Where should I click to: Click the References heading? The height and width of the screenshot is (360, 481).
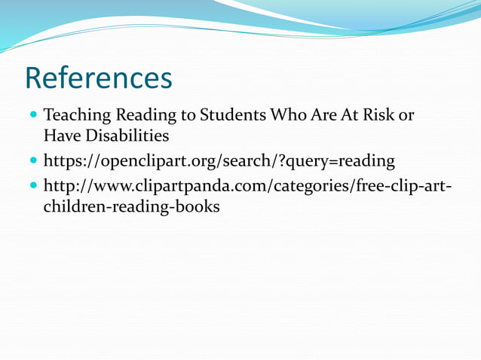(x=99, y=78)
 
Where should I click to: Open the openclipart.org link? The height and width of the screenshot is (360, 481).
(x=219, y=161)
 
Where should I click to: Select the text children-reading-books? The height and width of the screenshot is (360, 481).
(x=132, y=206)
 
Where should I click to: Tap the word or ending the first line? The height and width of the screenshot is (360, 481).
(x=406, y=117)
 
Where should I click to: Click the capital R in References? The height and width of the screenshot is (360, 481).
(x=36, y=78)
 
